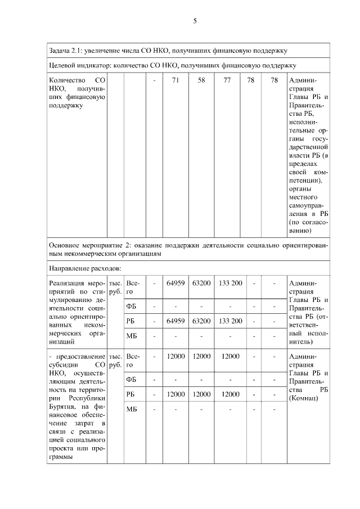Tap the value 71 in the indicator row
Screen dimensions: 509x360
(175, 80)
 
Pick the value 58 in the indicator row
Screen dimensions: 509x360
(201, 80)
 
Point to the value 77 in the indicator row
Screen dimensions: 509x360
(227, 80)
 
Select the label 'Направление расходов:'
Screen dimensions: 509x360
(82, 267)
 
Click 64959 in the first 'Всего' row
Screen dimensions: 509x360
(175, 282)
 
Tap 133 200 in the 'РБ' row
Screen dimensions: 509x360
(230, 321)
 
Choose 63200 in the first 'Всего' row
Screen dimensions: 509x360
(201, 282)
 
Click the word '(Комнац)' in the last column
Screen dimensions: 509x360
(303, 398)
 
